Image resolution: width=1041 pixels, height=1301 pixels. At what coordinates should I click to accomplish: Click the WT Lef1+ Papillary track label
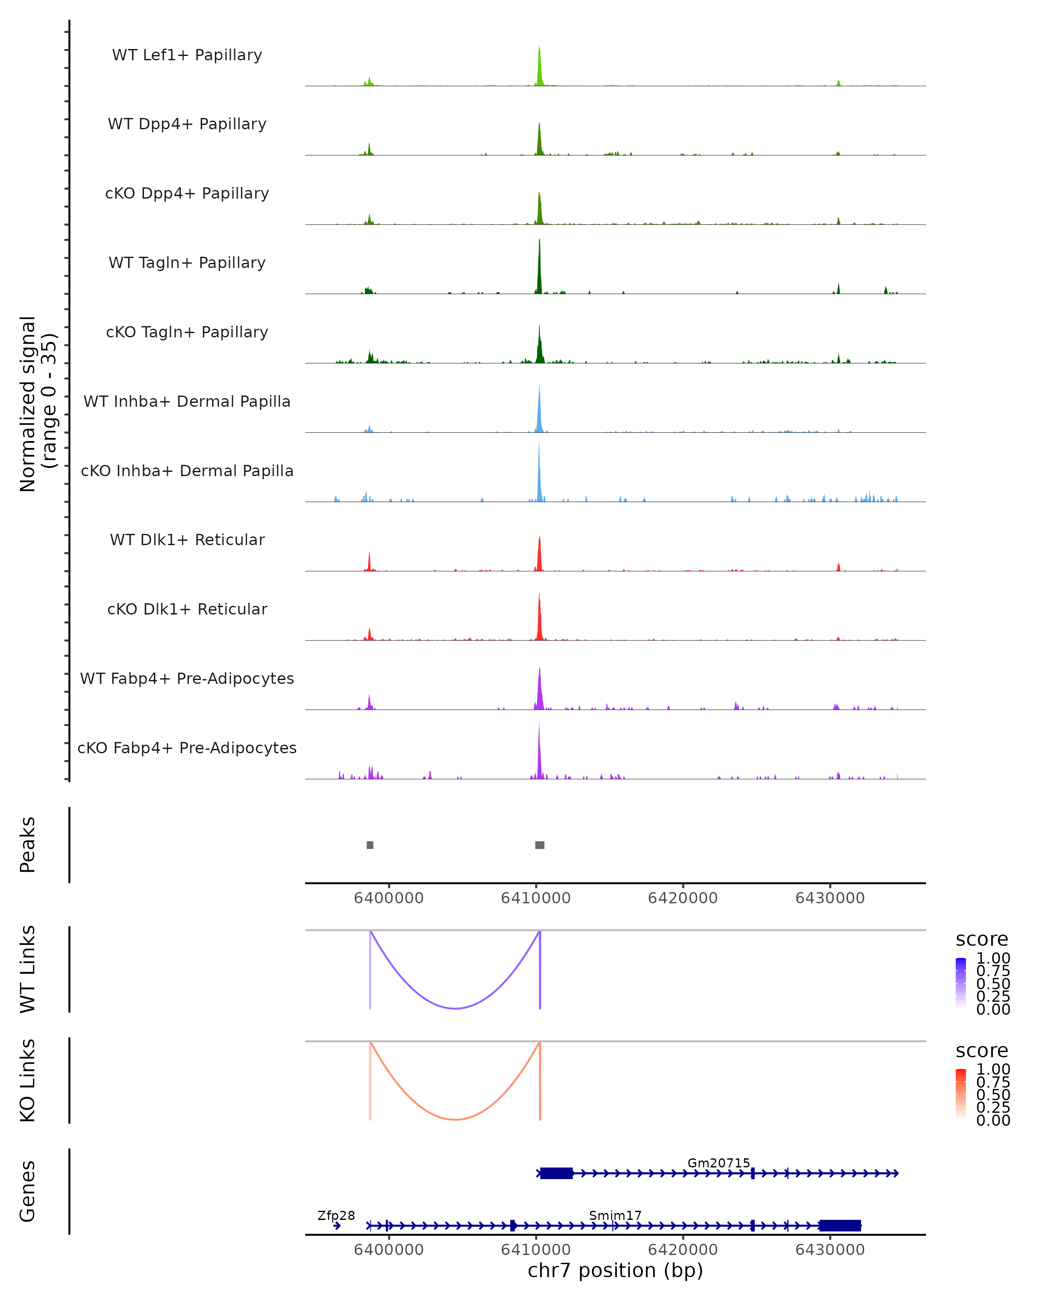[187, 55]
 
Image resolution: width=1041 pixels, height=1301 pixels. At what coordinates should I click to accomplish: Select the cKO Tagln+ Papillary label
[187, 332]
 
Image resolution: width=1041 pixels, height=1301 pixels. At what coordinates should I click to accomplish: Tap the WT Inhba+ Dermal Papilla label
[187, 401]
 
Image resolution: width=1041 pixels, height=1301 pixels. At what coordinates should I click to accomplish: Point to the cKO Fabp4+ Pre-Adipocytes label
[187, 748]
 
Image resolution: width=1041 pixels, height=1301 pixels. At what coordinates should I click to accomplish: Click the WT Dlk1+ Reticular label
[187, 539]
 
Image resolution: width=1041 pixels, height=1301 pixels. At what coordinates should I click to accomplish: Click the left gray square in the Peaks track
[370, 845]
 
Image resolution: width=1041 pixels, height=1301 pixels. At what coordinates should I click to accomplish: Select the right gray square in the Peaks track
[540, 845]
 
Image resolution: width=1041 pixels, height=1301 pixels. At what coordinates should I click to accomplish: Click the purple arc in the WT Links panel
[455, 1008]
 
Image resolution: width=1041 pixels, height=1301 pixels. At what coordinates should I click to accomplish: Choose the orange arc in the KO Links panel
[455, 1119]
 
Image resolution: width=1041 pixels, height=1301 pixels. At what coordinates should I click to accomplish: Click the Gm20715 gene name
[718, 1163]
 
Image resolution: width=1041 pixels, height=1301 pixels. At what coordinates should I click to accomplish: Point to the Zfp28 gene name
[336, 1215]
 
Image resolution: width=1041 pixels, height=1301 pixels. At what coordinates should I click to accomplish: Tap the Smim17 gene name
[615, 1215]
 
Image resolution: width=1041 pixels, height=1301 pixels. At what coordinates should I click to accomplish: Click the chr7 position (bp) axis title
[615, 1270]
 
